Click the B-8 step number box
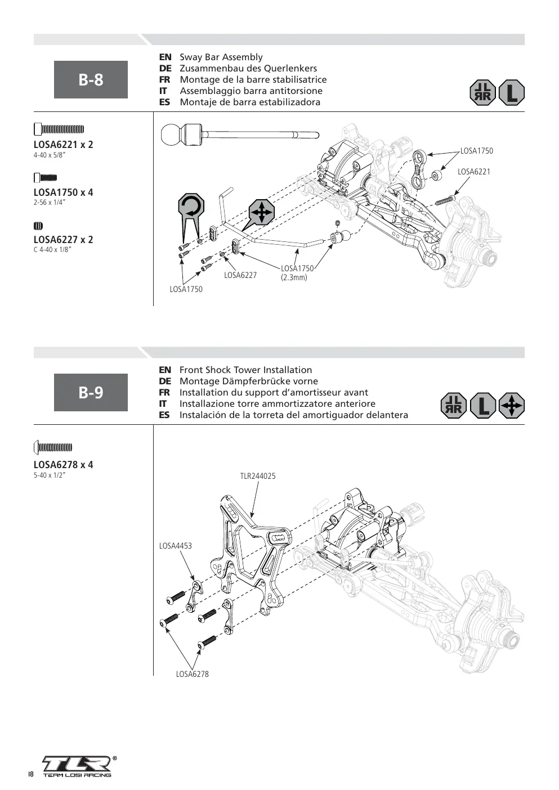[x=91, y=79]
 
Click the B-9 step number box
[x=91, y=392]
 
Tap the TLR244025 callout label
[x=258, y=476]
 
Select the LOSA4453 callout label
[x=176, y=546]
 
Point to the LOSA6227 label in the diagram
[x=240, y=275]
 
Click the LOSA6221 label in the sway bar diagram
[x=474, y=172]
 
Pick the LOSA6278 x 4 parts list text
[x=64, y=464]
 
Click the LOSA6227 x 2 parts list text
[x=64, y=240]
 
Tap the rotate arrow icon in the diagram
[x=191, y=206]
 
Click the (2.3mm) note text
[x=294, y=277]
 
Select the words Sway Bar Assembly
[x=221, y=57]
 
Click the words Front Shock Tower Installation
[x=245, y=370]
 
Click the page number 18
[x=31, y=774]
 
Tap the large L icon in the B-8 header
[x=512, y=93]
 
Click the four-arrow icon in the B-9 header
[x=512, y=405]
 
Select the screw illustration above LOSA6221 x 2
[x=59, y=129]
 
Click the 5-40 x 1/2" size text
[x=50, y=475]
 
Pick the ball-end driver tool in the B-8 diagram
[x=240, y=134]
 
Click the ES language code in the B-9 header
[x=164, y=415]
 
